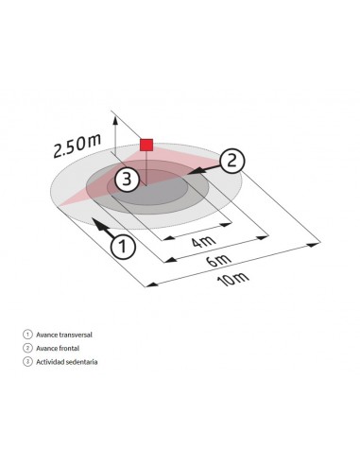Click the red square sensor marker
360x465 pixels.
146,144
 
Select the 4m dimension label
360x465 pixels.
200,243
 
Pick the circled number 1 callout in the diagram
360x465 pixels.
122,246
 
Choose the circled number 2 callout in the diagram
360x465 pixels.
232,161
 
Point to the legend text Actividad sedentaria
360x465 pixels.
66,361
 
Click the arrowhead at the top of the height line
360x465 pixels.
114,117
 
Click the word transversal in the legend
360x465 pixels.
77,335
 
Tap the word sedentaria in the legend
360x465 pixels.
81,361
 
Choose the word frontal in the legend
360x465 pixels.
70,348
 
